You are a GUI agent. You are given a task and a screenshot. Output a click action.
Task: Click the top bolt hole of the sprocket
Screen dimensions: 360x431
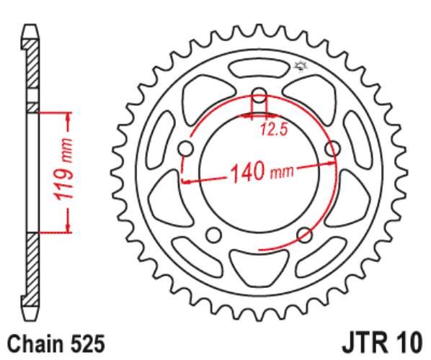click(259, 98)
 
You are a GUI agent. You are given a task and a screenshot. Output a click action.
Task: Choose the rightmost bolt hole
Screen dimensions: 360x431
click(332, 149)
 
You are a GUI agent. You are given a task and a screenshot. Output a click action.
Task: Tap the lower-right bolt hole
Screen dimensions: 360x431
click(304, 235)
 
